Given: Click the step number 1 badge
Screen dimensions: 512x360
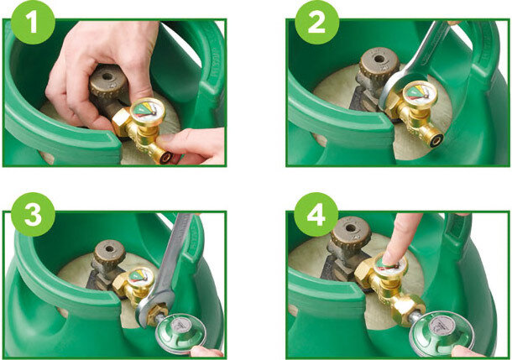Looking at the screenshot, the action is pos(33,22).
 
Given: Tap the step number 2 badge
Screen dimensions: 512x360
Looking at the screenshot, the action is pos(316,22).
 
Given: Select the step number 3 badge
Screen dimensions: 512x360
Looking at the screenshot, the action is pos(33,215).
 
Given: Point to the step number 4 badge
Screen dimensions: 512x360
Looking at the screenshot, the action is pos(316,215).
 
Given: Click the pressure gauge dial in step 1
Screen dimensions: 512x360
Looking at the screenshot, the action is pos(148,110).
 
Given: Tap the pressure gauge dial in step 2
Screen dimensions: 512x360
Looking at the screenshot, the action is pos(420,92).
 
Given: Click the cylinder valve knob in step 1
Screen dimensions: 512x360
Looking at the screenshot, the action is pos(107,81).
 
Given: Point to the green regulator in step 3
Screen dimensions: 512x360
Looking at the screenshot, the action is pos(180,332).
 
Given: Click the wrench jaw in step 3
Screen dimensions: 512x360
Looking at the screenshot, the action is pos(153,309).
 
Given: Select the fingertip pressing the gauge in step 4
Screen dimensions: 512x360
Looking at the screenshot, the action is pos(391,258).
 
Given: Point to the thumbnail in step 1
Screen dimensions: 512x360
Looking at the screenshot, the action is pos(165,138).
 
